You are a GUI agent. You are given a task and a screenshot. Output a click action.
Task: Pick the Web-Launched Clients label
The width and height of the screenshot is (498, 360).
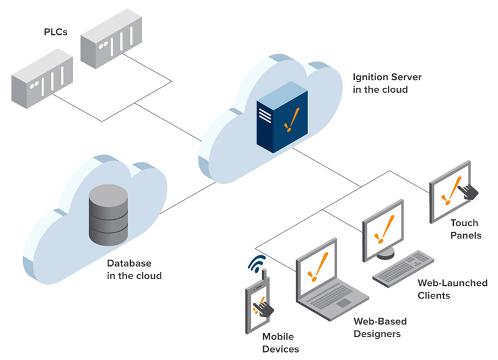click(x=452, y=289)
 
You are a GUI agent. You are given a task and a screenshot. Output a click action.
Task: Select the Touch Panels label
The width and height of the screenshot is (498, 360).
click(x=464, y=229)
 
